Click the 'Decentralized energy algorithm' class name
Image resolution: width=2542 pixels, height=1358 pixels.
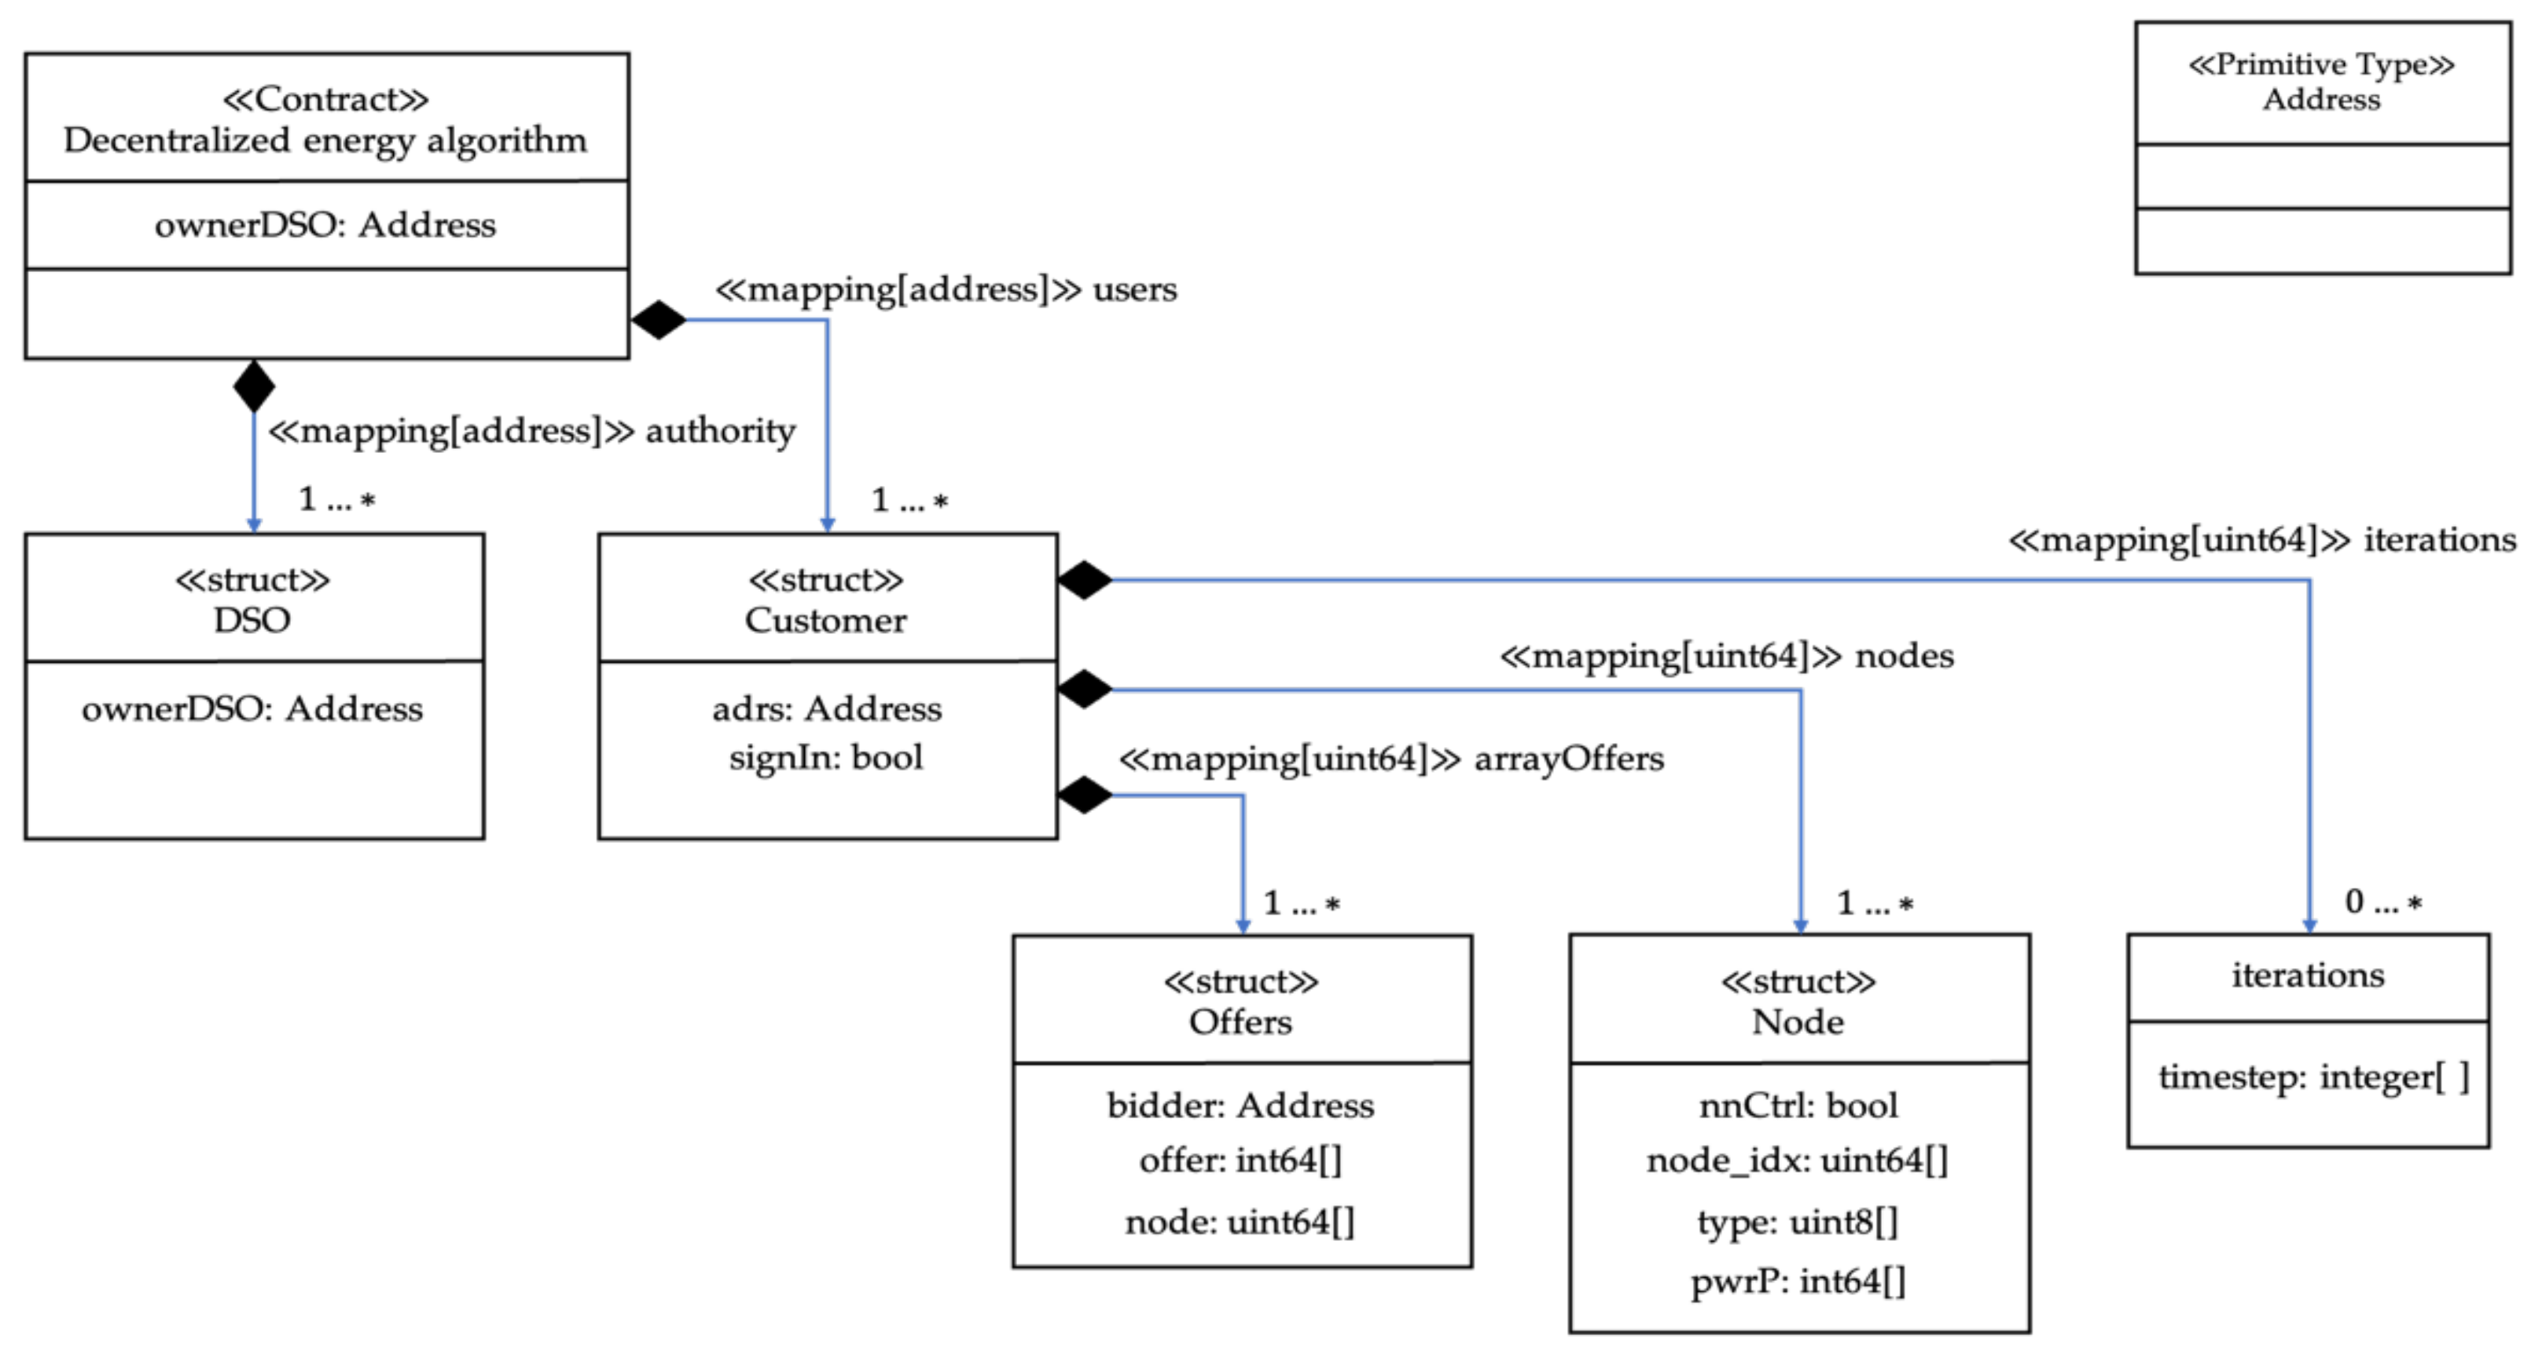click(325, 140)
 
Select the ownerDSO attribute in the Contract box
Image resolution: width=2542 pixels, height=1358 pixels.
click(325, 225)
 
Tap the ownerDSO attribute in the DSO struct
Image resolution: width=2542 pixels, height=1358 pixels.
click(252, 708)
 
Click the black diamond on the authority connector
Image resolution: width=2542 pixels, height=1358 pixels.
click(254, 386)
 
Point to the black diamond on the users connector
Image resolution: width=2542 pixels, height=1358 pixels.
click(658, 320)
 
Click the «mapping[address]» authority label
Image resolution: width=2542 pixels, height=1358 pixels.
click(532, 431)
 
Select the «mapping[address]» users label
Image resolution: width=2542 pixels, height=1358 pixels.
click(946, 289)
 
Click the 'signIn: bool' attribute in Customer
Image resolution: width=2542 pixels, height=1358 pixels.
click(826, 757)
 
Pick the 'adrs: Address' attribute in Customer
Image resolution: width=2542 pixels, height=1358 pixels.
click(826, 708)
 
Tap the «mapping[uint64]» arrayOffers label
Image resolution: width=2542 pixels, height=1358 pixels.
click(1390, 758)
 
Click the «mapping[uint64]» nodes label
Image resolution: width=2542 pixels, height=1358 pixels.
click(1726, 655)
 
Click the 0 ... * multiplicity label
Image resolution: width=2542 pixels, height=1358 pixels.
click(2382, 902)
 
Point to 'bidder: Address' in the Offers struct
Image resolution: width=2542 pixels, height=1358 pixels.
click(1240, 1106)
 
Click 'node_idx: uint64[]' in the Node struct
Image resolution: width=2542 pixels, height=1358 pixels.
click(1797, 1160)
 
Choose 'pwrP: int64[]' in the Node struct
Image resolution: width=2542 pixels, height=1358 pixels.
click(1797, 1281)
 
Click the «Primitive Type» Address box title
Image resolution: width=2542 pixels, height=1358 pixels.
click(2321, 82)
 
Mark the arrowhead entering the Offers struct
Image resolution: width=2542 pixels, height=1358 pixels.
click(1243, 926)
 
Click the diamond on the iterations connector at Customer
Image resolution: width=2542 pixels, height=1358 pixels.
click(1083, 580)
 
